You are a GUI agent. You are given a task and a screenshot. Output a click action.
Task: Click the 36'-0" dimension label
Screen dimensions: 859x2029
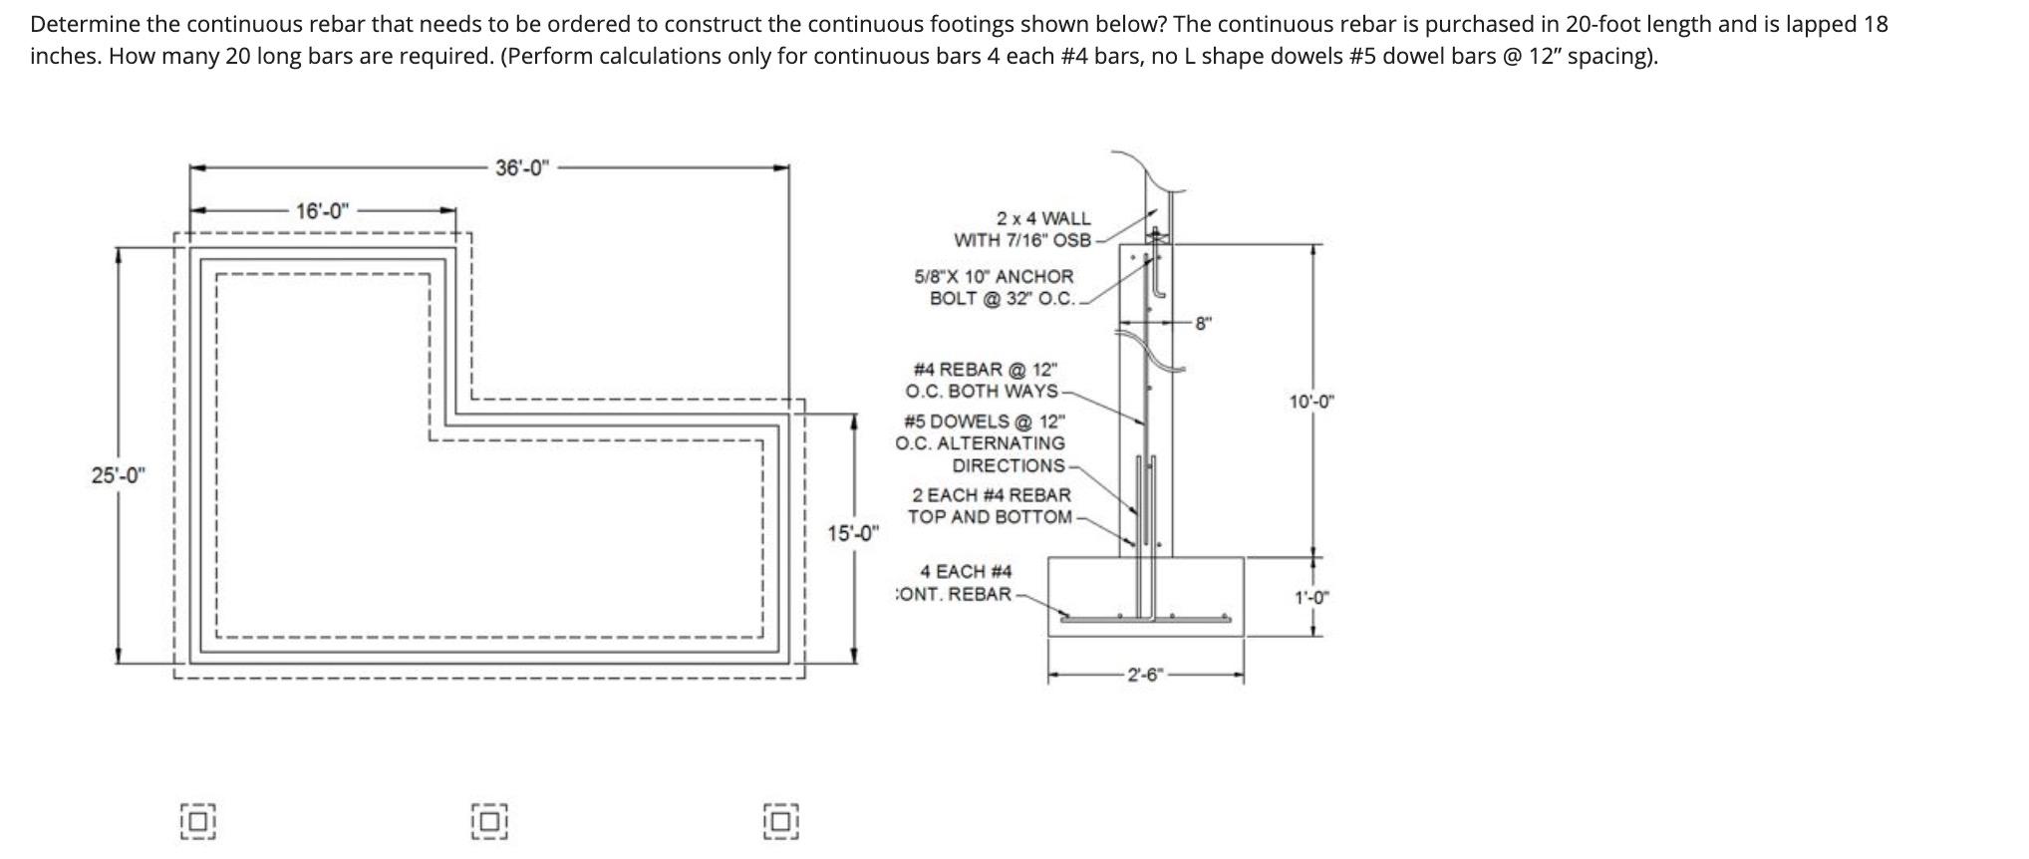[521, 167]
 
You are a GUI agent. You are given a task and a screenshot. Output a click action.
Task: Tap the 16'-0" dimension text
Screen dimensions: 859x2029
[322, 211]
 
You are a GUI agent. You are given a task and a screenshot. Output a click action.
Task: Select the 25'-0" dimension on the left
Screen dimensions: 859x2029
[118, 475]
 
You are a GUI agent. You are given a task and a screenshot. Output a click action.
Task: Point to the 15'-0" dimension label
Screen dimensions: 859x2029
[854, 533]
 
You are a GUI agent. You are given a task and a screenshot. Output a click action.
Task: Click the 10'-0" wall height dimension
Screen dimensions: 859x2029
[1311, 402]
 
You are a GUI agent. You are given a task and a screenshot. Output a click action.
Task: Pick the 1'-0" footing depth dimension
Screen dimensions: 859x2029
[1311, 598]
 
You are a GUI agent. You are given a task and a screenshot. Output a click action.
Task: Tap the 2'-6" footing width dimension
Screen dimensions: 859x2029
[1145, 675]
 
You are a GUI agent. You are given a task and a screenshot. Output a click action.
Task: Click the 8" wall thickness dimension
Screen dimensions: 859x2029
[1204, 323]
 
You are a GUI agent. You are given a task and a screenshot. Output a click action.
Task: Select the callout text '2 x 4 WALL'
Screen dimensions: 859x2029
[1042, 218]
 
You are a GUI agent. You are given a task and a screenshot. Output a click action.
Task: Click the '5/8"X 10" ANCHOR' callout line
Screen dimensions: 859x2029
[994, 276]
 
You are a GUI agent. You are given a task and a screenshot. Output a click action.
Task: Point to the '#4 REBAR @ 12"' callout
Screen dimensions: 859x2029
[985, 369]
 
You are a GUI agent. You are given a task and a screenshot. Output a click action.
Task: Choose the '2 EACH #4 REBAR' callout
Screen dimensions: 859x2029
[991, 495]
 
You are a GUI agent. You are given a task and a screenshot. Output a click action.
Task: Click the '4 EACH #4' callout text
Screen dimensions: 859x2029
[965, 571]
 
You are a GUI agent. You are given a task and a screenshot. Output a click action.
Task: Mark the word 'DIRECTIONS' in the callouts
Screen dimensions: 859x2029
[1009, 465]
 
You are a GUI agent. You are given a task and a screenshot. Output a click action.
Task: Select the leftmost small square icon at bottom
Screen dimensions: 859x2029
[198, 821]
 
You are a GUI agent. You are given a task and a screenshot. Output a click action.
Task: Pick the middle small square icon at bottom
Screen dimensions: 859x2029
[488, 821]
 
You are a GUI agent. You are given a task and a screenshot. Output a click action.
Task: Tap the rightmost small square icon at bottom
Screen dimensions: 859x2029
[780, 821]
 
